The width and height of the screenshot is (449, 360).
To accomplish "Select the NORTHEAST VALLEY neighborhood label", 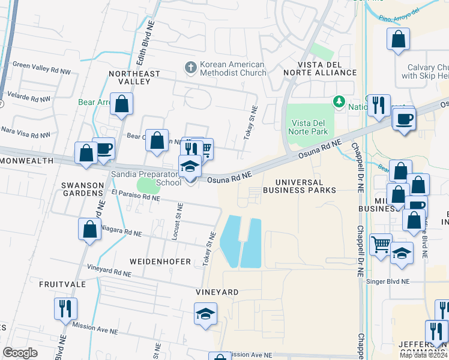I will click(x=134, y=77).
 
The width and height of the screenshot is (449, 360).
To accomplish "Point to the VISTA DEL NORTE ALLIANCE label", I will click(x=327, y=68).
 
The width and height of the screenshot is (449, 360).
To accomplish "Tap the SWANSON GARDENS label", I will click(x=82, y=189).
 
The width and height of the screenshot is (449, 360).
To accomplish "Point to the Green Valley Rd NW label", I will click(x=41, y=65).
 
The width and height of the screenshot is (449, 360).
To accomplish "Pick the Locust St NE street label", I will click(x=176, y=222).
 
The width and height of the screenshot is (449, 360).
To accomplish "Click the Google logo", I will click(x=20, y=353).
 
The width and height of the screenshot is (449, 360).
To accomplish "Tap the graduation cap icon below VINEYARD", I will click(x=205, y=314).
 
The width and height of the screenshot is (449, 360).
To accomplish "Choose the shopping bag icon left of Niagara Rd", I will click(x=89, y=229).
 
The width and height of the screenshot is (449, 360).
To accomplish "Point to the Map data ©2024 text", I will click(x=423, y=355).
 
